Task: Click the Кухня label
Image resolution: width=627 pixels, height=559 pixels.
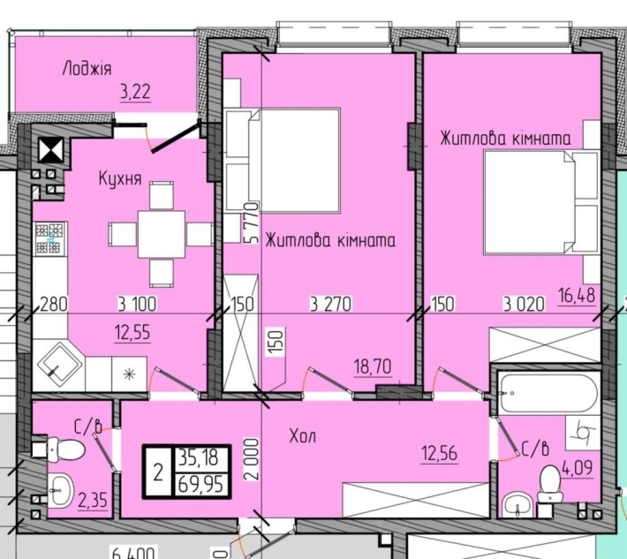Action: tap(120, 178)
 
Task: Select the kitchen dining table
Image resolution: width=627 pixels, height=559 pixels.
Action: tap(160, 233)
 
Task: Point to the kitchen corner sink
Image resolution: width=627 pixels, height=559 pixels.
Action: tap(60, 359)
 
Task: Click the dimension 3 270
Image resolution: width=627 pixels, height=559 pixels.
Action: tap(331, 305)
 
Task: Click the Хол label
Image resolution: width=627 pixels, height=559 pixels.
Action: tap(302, 436)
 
